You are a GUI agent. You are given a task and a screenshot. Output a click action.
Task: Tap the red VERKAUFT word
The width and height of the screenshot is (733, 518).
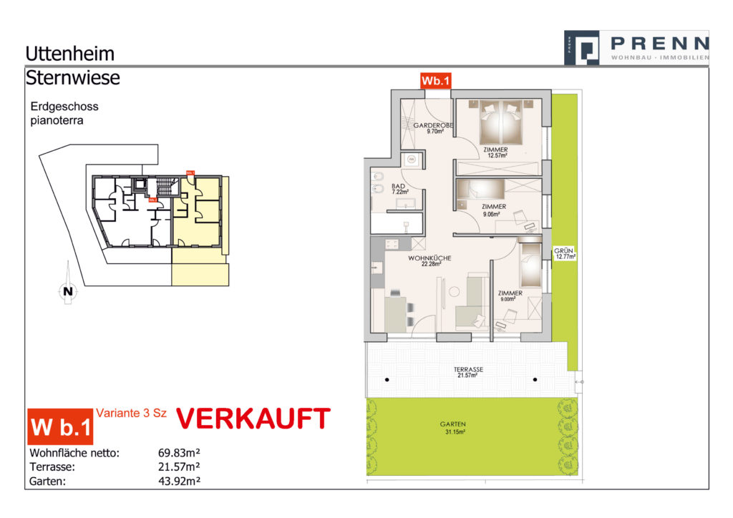pyautogui.click(x=253, y=420)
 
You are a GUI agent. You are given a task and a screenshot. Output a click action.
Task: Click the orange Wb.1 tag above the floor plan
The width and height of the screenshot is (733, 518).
pyautogui.click(x=435, y=81)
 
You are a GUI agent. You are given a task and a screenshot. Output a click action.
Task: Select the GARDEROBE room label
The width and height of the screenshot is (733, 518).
pyautogui.click(x=434, y=125)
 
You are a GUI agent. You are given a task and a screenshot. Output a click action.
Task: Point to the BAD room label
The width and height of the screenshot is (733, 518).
pyautogui.click(x=398, y=186)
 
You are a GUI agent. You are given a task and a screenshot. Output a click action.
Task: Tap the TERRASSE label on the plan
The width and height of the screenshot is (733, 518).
pyautogui.click(x=468, y=370)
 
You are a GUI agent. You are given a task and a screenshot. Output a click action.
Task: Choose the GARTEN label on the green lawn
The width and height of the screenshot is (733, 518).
pyautogui.click(x=452, y=424)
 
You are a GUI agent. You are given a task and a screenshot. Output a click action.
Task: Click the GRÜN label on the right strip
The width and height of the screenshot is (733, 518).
pyautogui.click(x=563, y=250)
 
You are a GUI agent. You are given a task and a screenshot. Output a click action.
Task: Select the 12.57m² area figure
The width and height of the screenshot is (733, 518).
pyautogui.click(x=497, y=155)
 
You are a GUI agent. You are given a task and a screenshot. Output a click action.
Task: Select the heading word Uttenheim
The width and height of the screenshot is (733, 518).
pyautogui.click(x=69, y=54)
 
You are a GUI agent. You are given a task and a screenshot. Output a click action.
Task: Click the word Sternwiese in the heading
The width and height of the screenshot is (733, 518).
pyautogui.click(x=72, y=77)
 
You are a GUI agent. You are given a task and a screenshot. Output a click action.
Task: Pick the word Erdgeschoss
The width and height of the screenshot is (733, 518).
pyautogui.click(x=64, y=107)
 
